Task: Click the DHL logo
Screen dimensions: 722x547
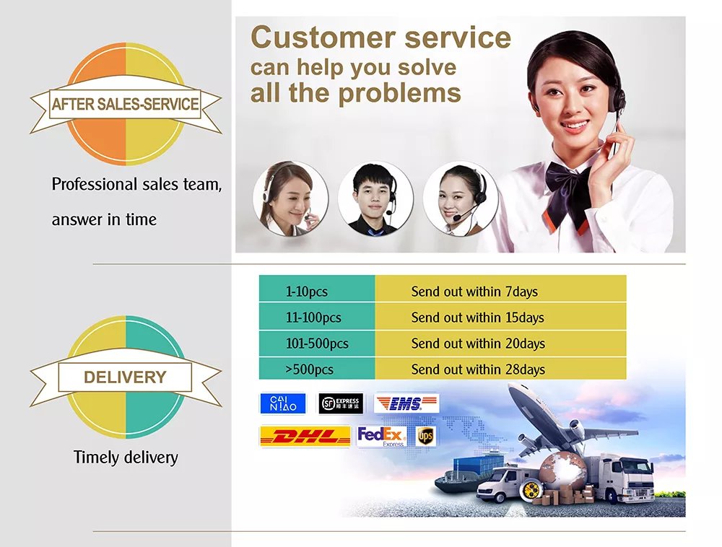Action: click(305, 436)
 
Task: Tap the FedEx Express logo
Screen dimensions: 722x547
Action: click(382, 436)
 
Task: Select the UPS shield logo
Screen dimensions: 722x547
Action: click(425, 436)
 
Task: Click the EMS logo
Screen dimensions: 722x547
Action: click(406, 403)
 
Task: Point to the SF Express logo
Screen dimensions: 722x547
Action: click(342, 403)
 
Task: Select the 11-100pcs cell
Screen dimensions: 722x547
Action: click(317, 317)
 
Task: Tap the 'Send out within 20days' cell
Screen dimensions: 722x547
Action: click(500, 343)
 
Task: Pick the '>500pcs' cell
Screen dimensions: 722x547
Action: click(317, 369)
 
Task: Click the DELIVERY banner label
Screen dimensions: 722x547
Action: click(125, 377)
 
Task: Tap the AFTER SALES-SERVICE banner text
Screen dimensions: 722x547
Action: click(125, 104)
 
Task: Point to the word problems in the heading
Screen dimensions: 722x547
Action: click(400, 93)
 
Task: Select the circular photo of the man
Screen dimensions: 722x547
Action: click(375, 198)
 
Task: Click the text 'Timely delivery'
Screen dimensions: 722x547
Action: click(126, 458)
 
